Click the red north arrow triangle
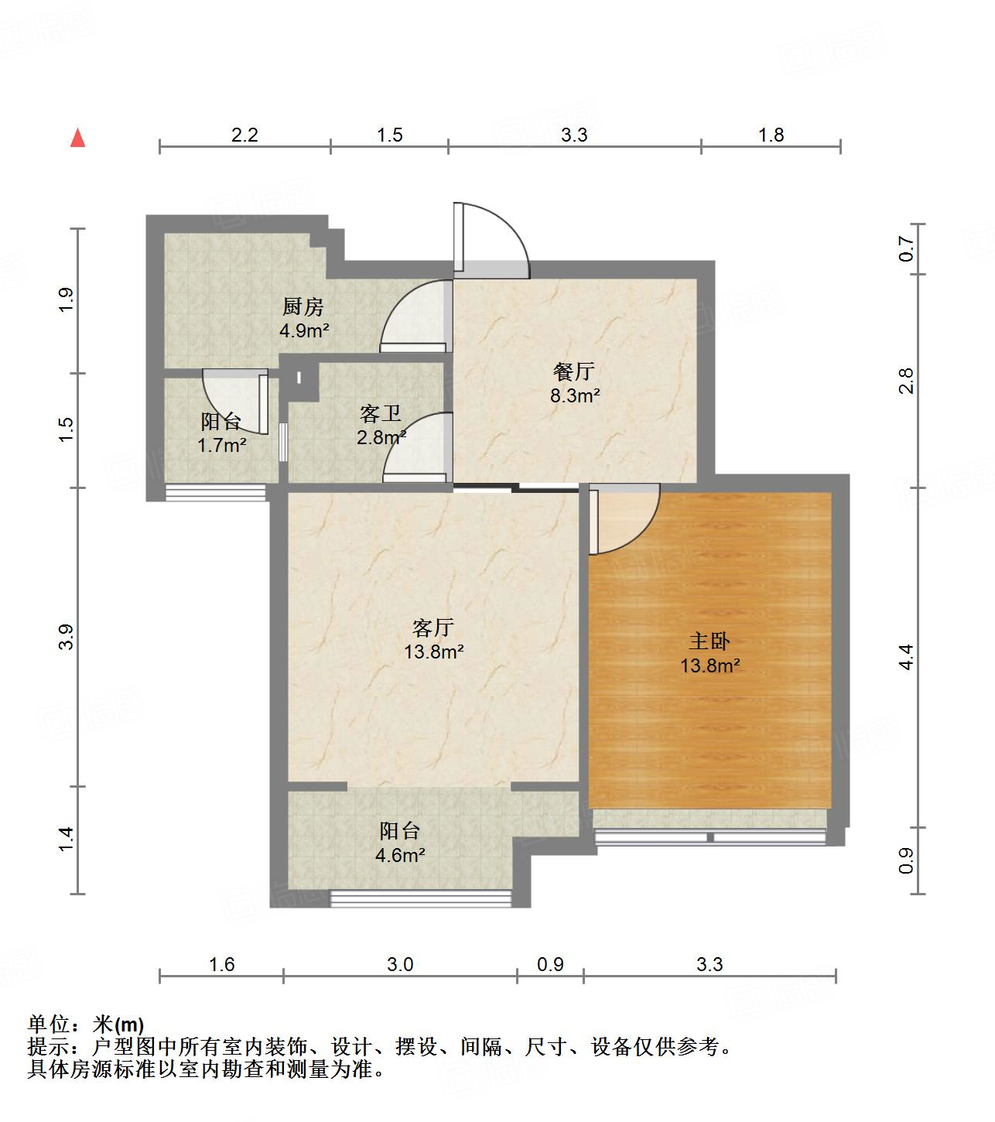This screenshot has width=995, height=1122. (77, 138)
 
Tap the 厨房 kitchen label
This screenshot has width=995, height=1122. (303, 307)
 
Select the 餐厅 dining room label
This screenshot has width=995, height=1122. (574, 372)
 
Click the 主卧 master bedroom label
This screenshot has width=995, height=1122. (709, 641)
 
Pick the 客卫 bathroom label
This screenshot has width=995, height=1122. (381, 413)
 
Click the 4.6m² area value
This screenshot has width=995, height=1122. (400, 855)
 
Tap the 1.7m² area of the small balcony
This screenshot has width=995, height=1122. (221, 446)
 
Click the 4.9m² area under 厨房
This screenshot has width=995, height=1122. (304, 331)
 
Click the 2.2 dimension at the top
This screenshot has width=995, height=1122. (244, 135)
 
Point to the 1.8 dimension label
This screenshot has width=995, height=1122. (771, 135)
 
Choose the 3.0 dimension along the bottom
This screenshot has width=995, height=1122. (400, 964)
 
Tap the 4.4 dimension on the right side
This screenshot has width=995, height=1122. (906, 657)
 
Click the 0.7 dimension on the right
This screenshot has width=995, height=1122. (906, 249)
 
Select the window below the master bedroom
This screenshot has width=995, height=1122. (709, 836)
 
